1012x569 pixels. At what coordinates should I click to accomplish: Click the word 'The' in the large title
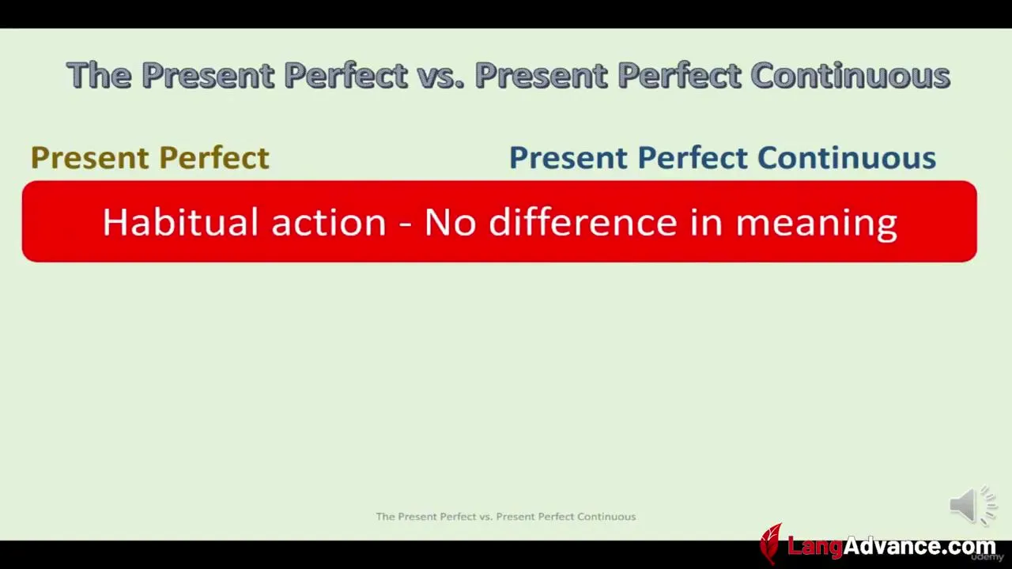[100, 75]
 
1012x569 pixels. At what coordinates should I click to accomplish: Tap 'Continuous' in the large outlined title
[850, 75]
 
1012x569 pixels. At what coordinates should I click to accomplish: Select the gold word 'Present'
[89, 157]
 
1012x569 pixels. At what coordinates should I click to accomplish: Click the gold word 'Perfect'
[214, 157]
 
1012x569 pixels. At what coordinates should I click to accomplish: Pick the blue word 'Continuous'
[847, 157]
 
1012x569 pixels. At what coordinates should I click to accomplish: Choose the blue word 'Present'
[568, 157]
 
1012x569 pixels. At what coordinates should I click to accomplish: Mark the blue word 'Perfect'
[693, 157]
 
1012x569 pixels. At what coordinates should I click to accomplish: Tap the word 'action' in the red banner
[329, 223]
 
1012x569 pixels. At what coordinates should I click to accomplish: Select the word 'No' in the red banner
[451, 223]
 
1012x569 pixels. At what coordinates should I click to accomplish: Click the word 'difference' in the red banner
[583, 222]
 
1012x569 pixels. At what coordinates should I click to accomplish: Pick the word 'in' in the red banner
[707, 222]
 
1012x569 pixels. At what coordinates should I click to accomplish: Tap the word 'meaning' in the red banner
[817, 225]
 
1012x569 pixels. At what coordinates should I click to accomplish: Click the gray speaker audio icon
[972, 506]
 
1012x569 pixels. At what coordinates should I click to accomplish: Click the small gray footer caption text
[506, 517]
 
